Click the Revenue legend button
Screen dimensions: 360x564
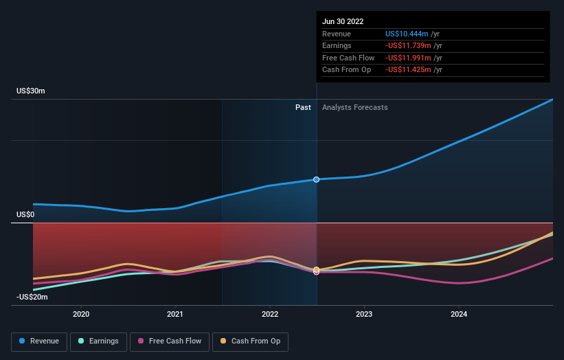(x=40, y=341)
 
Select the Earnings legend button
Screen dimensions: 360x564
(x=98, y=341)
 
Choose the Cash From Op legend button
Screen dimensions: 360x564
(x=250, y=341)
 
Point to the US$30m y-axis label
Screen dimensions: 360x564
(x=31, y=91)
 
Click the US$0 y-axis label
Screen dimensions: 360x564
(x=25, y=214)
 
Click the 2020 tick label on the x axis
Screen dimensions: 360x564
(x=81, y=314)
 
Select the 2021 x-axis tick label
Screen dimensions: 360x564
(x=175, y=314)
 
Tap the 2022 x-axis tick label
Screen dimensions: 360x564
(x=270, y=314)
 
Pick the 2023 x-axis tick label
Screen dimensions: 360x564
(x=364, y=314)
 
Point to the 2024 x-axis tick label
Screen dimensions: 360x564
(x=459, y=314)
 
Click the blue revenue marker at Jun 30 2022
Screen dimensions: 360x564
(x=317, y=179)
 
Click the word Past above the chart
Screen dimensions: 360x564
(x=303, y=107)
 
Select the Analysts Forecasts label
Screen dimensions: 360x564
(x=354, y=107)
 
